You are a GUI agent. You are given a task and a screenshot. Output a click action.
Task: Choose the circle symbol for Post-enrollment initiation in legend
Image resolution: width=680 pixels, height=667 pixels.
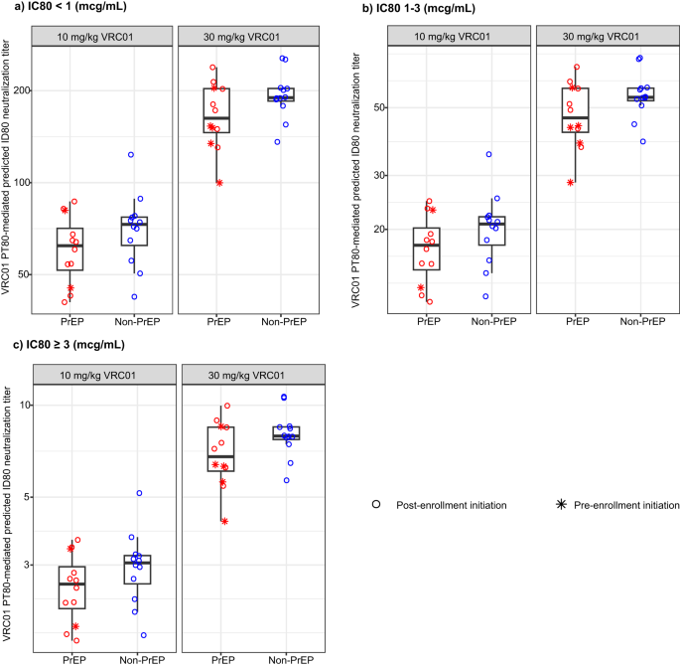(x=377, y=505)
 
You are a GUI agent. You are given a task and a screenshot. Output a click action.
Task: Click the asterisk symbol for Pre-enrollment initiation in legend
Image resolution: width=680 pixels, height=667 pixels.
(x=563, y=505)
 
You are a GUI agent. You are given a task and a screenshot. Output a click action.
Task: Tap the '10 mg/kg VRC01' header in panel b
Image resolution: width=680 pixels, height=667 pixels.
(x=459, y=37)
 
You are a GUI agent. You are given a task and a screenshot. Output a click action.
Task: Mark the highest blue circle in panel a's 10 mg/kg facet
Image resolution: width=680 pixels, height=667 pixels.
(x=130, y=155)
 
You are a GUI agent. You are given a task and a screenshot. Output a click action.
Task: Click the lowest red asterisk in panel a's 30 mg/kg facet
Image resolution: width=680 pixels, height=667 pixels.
(x=219, y=183)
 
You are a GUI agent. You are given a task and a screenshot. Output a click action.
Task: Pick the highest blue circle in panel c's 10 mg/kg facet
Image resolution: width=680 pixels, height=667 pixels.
(x=139, y=493)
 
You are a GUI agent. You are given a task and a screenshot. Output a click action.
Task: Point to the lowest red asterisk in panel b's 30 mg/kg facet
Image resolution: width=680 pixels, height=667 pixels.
(x=570, y=182)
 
